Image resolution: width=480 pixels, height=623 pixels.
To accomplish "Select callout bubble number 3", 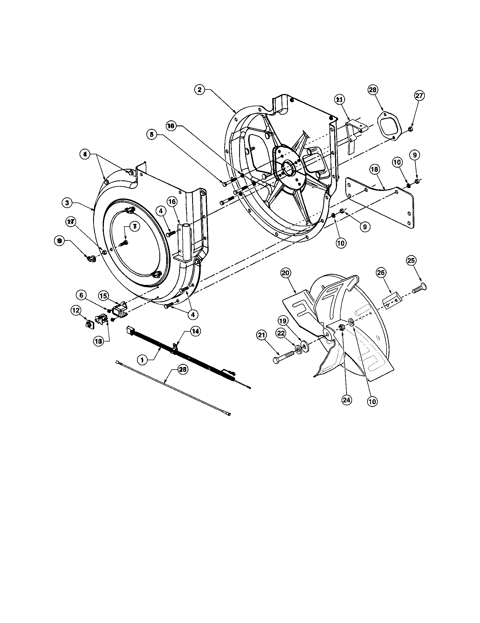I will click(x=67, y=203).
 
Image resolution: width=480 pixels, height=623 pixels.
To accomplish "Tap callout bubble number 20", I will click(x=286, y=273).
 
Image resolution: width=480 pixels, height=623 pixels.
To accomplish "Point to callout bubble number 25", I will click(x=411, y=260).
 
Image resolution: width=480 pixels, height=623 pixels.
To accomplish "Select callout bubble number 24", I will click(x=346, y=400).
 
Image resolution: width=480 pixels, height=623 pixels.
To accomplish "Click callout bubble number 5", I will click(x=152, y=135).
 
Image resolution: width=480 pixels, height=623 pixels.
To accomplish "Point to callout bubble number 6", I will click(x=81, y=296).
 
